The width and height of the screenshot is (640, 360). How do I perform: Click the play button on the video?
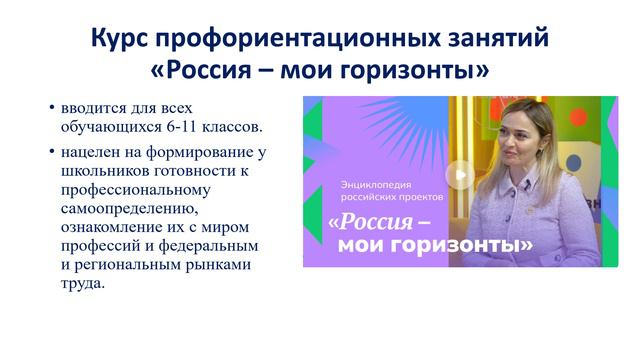(459, 176)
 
